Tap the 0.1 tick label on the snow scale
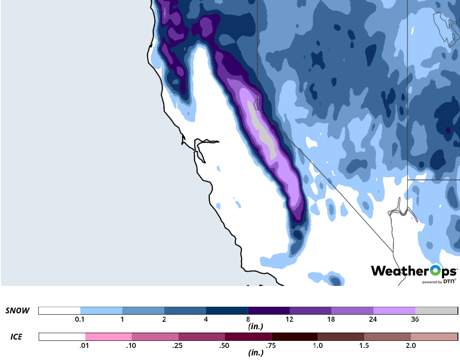pyautogui.click(x=80, y=320)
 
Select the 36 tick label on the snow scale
pyautogui.click(x=415, y=320)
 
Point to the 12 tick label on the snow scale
pyautogui.click(x=289, y=320)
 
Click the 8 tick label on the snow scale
pyautogui.click(x=247, y=320)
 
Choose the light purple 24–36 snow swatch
pyautogui.click(x=394, y=310)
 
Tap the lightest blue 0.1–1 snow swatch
pyautogui.click(x=101, y=310)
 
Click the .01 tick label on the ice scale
pyautogui.click(x=85, y=345)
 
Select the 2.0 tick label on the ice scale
pyautogui.click(x=411, y=345)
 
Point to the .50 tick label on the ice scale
pyautogui.click(x=225, y=345)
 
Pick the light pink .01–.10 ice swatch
pyautogui.click(x=108, y=337)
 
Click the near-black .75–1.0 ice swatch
pyautogui.click(x=294, y=337)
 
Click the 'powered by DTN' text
pyautogui.click(x=439, y=282)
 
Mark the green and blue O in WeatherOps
pyautogui.click(x=435, y=271)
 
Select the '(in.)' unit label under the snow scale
pyautogui.click(x=255, y=327)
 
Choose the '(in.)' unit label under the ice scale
pyautogui.click(x=255, y=353)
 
